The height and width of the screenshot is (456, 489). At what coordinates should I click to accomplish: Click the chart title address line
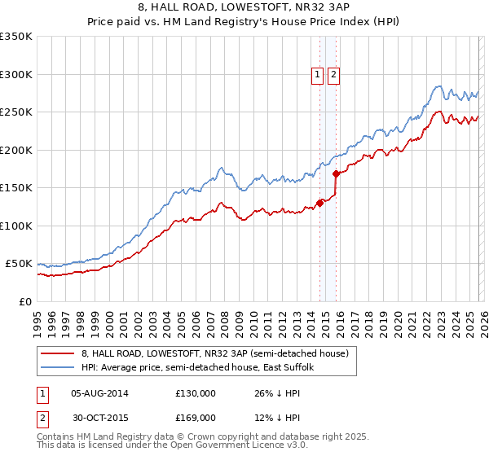(x=244, y=7)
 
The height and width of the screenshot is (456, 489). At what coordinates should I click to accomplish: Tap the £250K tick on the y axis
(x=16, y=112)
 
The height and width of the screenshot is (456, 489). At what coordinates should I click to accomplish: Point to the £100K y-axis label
(x=16, y=226)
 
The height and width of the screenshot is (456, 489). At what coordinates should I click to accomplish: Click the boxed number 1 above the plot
(x=317, y=75)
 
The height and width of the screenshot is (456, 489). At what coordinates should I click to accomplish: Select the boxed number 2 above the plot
(x=334, y=75)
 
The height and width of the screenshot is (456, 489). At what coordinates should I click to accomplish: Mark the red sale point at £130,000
(x=320, y=204)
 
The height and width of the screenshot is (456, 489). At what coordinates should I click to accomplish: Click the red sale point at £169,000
(x=337, y=173)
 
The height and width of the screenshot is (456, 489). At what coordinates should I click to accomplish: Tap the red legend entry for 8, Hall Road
(x=215, y=353)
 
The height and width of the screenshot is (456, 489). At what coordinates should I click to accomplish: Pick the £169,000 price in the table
(x=196, y=417)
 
